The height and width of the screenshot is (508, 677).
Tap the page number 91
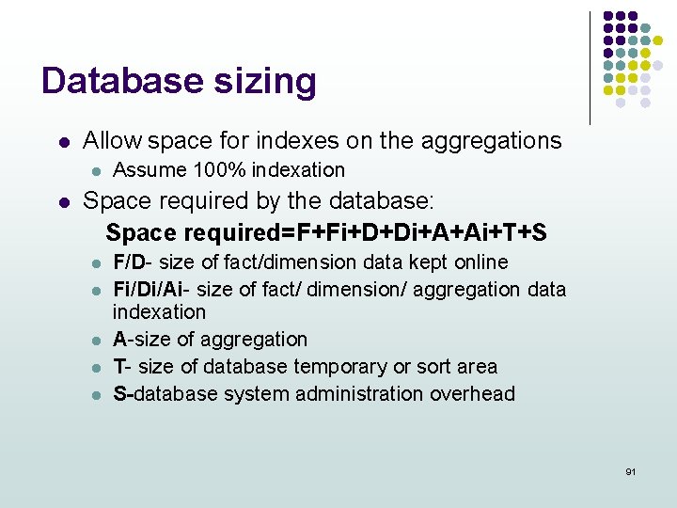click(x=630, y=470)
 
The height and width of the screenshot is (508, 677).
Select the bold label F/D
click(x=130, y=262)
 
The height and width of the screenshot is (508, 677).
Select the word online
click(x=480, y=262)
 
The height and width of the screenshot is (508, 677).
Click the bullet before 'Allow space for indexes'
click(x=62, y=143)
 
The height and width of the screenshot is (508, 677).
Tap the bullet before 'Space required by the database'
click(x=62, y=202)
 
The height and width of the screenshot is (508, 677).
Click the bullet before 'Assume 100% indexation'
click(x=94, y=171)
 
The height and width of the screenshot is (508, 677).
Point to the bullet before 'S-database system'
click(x=94, y=395)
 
